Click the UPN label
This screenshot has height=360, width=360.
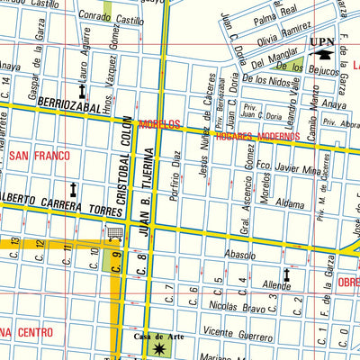pos(320,41)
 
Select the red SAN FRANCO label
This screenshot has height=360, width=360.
pos(40,155)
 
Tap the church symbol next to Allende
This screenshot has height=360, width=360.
pos(287,274)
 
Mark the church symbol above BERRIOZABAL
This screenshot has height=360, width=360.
pos(82,92)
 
